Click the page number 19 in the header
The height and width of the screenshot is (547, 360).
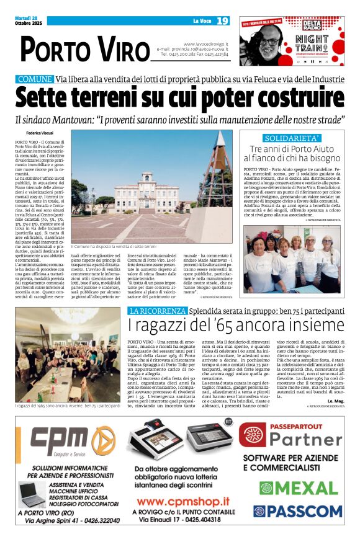223,21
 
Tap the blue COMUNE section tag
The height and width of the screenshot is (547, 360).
35,79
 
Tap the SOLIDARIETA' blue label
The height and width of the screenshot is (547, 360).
292,138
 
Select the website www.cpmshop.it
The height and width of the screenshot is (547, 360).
183,500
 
